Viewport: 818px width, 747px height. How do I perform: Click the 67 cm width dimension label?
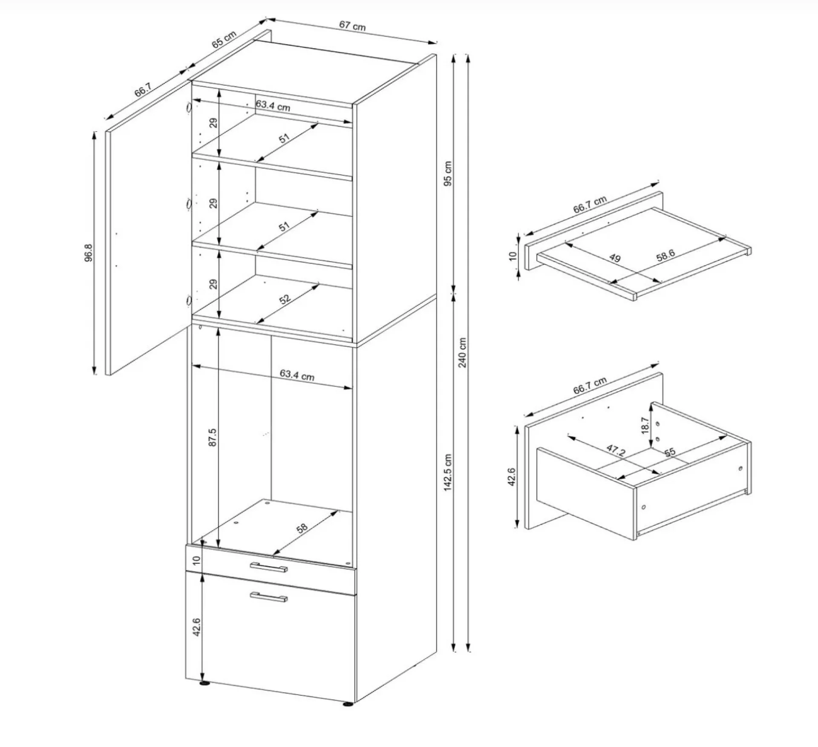pos(352,26)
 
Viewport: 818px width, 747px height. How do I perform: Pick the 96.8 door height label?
pos(88,253)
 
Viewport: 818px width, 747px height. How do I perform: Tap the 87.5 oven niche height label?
pos(213,437)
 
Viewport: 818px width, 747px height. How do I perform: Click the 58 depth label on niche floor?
pos(302,528)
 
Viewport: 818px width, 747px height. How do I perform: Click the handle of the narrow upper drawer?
pos(269,567)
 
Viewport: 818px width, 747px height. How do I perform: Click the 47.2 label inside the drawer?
pos(616,450)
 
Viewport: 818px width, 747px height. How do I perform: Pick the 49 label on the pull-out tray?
pos(615,258)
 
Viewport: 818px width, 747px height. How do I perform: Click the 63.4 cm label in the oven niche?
pos(297,375)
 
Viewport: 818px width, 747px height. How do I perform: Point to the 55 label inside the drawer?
pos(670,452)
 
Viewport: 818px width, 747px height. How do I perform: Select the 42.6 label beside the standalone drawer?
pos(512,477)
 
